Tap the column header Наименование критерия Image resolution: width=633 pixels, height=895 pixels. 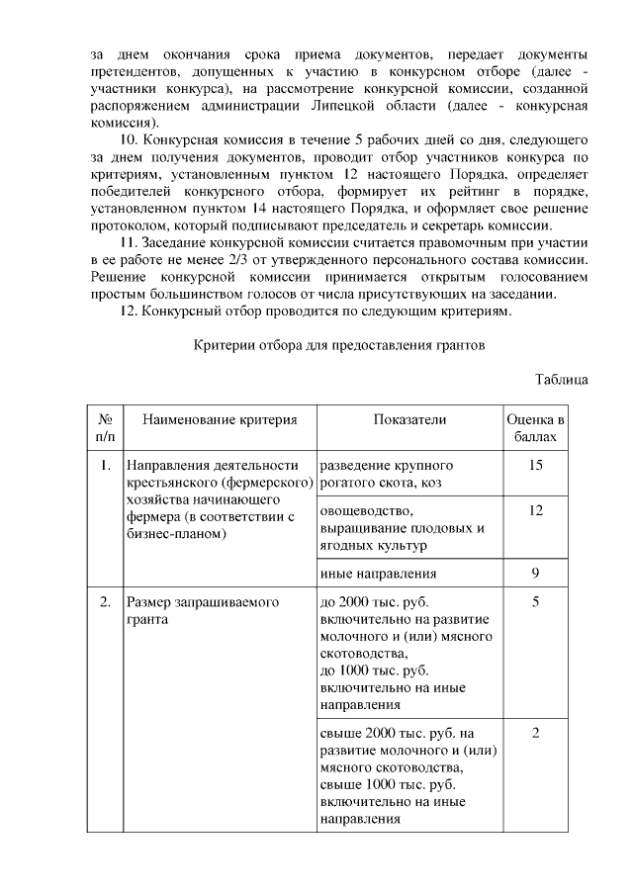click(220, 420)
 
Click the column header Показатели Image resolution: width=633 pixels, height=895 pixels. click(409, 420)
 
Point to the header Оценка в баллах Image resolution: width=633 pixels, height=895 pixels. click(535, 428)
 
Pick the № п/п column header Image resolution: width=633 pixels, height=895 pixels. click(105, 428)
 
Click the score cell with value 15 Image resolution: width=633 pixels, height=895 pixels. click(535, 465)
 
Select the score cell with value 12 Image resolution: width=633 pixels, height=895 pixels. click(535, 510)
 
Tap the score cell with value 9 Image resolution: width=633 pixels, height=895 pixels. click(535, 573)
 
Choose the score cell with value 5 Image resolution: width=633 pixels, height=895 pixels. click(535, 601)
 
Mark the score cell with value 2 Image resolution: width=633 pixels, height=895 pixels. click(535, 733)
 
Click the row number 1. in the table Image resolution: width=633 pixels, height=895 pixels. click(105, 465)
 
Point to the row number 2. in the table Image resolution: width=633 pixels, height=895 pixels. click(105, 601)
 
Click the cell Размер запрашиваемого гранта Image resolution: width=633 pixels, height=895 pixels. click(203, 610)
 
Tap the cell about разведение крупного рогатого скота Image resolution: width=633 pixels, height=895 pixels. click(388, 474)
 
